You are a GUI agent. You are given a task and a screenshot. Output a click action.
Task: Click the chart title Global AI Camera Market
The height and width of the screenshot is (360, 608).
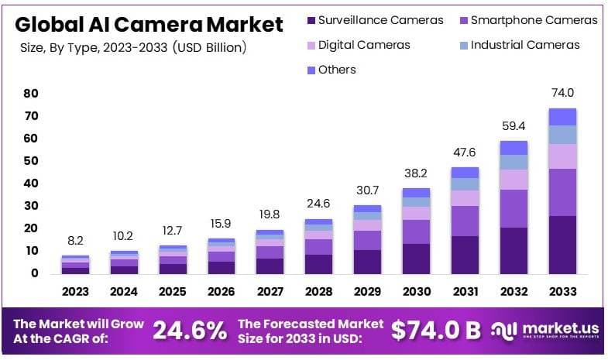tap(149, 24)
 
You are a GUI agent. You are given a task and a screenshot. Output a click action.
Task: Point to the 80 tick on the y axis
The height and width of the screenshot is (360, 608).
tap(30, 94)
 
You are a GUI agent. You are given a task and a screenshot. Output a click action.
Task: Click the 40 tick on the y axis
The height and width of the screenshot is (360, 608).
tap(30, 183)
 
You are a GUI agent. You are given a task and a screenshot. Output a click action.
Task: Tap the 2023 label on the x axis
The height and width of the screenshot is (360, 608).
tap(76, 292)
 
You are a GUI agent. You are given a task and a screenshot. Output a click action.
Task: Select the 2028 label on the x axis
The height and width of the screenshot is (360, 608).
tap(318, 292)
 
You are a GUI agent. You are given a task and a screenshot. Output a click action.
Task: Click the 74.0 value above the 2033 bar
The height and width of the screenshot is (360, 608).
tap(563, 92)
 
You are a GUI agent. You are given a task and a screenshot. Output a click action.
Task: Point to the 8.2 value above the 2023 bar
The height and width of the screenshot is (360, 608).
tap(76, 241)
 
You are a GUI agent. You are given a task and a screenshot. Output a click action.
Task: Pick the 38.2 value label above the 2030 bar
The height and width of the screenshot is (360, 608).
tap(417, 173)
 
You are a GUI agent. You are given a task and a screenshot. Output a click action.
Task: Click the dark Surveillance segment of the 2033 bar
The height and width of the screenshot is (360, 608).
tap(563, 244)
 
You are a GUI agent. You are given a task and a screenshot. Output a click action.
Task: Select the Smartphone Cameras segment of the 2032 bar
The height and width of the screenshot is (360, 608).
tap(514, 208)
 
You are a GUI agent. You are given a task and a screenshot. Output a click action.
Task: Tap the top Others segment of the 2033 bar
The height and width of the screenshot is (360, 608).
tap(563, 116)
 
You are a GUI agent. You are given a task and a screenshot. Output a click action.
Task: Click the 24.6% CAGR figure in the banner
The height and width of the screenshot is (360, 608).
tap(190, 331)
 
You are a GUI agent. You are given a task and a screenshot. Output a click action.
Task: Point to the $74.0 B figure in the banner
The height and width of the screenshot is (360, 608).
tap(435, 331)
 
